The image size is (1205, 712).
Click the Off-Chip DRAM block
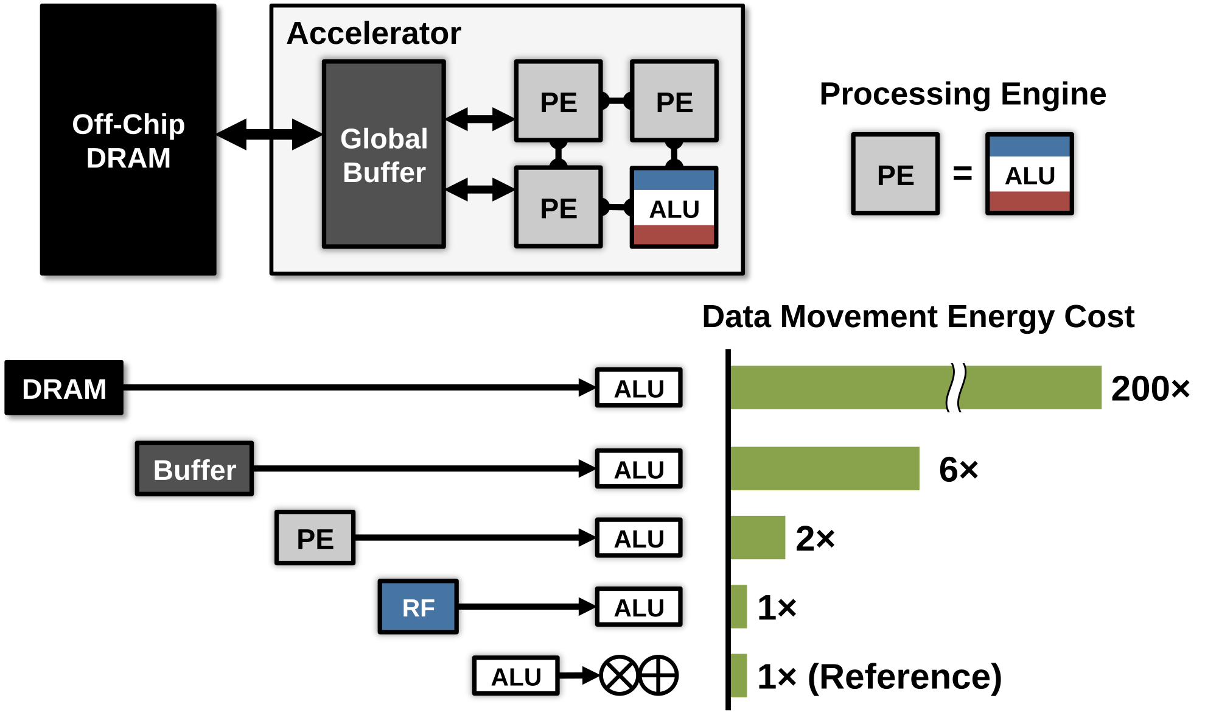[132, 143]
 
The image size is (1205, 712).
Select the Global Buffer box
[384, 155]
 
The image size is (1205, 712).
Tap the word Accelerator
[374, 33]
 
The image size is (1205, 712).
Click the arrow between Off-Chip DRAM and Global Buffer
[274, 134]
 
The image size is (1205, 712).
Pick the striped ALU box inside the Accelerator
[674, 208]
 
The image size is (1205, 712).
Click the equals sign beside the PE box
[962, 174]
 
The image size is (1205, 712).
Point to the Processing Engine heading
[963, 94]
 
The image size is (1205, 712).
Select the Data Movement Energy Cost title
[918, 317]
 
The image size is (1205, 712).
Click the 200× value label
[1150, 389]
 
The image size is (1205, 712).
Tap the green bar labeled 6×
[825, 468]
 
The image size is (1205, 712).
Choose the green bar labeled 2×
[758, 537]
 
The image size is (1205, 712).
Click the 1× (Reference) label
[879, 676]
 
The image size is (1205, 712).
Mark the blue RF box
[418, 607]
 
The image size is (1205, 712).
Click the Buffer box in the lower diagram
[194, 469]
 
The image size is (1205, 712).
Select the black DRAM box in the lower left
[68, 390]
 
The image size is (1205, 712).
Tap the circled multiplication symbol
[618, 675]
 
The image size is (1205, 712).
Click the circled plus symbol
[658, 675]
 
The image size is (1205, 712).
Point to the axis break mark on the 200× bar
[957, 388]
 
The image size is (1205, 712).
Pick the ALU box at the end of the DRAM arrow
[638, 388]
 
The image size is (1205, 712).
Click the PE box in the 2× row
[315, 538]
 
